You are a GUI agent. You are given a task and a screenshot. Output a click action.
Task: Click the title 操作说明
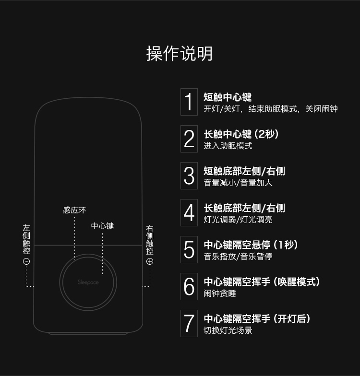click(x=180, y=54)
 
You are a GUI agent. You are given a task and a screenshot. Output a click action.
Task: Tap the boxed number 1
click(x=189, y=102)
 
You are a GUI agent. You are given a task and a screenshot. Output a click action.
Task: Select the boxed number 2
click(x=189, y=139)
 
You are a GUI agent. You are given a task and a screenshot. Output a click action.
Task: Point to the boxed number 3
click(x=189, y=176)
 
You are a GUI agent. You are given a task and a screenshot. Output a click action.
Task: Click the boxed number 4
click(x=189, y=213)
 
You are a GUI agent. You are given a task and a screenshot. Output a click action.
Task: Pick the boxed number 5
click(x=189, y=249)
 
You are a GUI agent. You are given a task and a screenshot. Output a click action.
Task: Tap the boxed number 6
click(x=189, y=287)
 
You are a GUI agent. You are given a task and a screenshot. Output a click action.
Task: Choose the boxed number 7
click(x=189, y=323)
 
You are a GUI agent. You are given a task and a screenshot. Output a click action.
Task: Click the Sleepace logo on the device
click(x=88, y=282)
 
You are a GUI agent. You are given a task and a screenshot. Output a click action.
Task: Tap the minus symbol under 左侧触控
click(x=26, y=261)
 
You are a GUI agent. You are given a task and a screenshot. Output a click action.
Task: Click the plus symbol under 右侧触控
click(x=150, y=261)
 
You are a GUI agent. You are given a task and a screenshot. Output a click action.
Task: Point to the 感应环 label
click(x=74, y=210)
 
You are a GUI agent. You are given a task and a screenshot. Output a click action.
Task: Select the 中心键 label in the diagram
click(x=103, y=226)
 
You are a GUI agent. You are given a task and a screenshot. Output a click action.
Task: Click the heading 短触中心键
click(x=228, y=97)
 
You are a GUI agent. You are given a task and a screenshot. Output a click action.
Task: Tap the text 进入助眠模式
click(x=228, y=146)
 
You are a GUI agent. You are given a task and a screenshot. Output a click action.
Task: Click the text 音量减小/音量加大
click(x=238, y=183)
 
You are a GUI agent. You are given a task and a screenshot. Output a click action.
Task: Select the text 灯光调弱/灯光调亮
click(x=238, y=220)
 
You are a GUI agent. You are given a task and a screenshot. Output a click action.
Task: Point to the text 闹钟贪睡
click(x=220, y=294)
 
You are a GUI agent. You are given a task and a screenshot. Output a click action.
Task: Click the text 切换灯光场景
click(x=228, y=330)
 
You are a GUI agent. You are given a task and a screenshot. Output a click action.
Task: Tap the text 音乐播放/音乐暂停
click(x=238, y=257)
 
